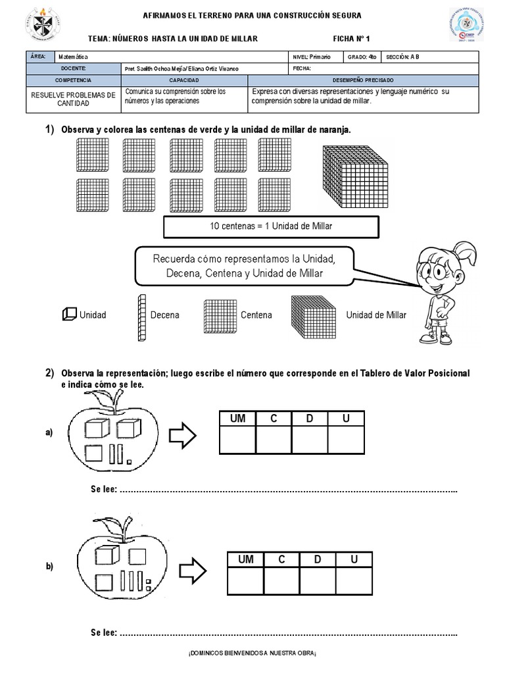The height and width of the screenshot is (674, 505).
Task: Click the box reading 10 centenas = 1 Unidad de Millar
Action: point(271,226)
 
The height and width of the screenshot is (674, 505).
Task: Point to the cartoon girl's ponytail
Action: point(466,249)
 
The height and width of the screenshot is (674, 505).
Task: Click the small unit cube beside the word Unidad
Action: point(69,315)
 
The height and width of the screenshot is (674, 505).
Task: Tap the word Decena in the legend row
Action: point(164,315)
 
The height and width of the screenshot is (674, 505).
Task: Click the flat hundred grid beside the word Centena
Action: point(219,315)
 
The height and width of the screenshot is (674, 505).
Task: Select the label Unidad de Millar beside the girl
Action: point(376,315)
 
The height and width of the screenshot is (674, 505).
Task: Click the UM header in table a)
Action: point(237,419)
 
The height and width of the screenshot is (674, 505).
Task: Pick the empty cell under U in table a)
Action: point(346,440)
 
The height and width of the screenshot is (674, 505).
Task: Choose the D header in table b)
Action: point(317,559)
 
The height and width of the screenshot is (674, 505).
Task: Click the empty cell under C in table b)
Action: point(281,581)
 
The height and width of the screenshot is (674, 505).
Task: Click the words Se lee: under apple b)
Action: point(104,633)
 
